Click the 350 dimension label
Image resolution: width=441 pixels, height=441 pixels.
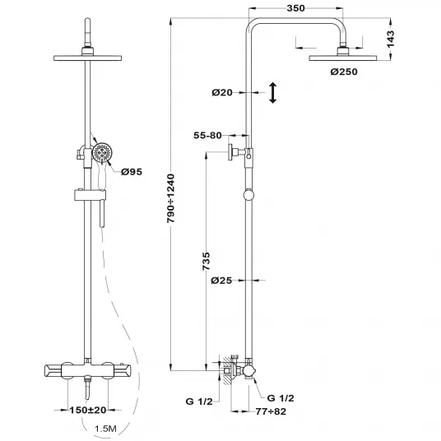(295, 8)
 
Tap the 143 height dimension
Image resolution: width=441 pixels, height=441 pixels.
(390, 39)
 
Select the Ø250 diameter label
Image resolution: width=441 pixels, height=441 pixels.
(344, 72)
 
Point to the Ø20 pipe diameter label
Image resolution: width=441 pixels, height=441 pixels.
(222, 92)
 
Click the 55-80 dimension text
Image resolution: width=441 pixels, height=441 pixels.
(207, 136)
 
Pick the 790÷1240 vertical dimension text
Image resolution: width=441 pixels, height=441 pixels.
(170, 198)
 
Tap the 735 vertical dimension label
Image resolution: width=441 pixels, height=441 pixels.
(207, 262)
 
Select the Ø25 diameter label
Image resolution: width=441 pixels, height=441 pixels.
(221, 281)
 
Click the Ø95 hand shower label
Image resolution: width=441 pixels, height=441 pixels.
(132, 172)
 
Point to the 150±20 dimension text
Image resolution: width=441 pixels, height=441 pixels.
(88, 410)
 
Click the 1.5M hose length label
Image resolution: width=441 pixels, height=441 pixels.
(105, 429)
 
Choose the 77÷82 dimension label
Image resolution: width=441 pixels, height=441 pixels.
(271, 411)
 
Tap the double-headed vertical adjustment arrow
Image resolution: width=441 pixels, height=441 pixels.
(273, 93)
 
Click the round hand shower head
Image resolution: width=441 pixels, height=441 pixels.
(102, 153)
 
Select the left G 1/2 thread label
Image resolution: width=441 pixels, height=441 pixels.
(199, 402)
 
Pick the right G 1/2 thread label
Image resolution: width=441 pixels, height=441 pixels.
(281, 398)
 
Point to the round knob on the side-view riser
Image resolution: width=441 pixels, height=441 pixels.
(248, 195)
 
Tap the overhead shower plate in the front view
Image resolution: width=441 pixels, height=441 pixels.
(88, 58)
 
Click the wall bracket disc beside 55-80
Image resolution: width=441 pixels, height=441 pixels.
(230, 152)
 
